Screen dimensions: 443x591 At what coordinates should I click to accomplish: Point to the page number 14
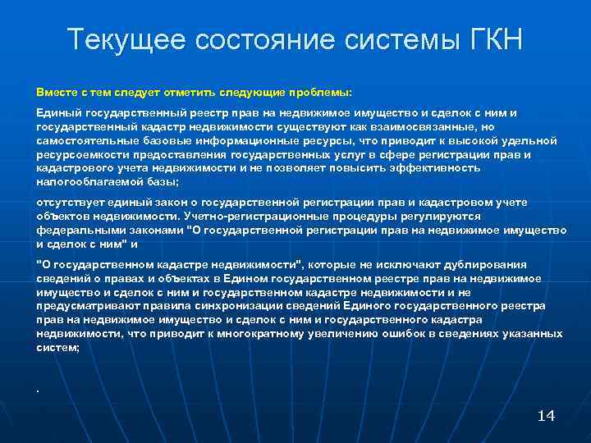[545, 415]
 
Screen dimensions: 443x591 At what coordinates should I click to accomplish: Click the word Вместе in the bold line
[53, 92]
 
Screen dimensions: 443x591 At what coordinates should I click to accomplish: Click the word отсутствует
[70, 202]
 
